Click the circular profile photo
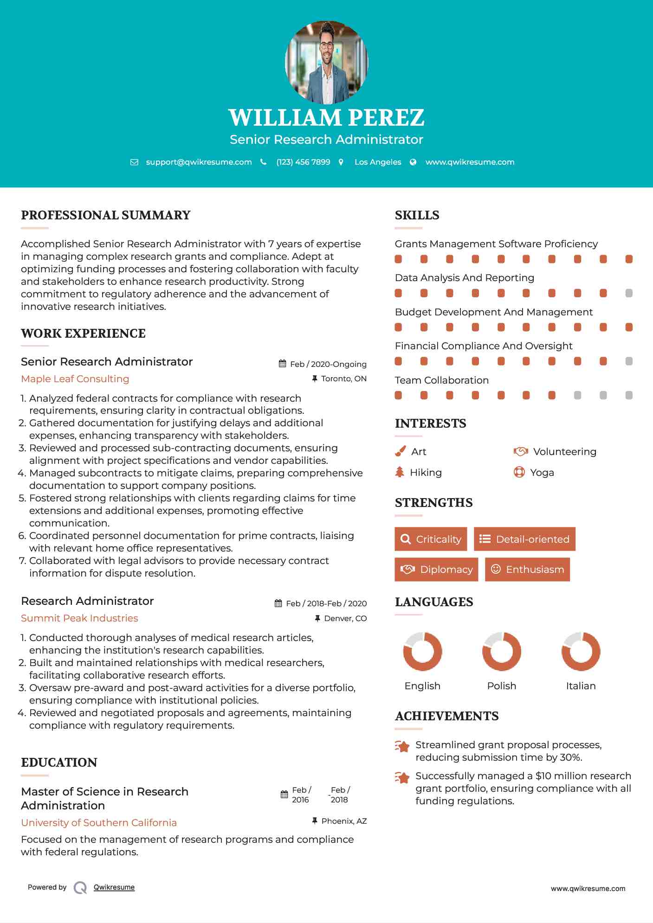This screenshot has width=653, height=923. point(326,62)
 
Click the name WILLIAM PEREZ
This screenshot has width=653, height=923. point(326,117)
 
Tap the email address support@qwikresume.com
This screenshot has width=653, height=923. point(199,162)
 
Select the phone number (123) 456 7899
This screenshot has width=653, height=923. point(303,162)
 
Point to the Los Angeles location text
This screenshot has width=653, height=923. point(378,162)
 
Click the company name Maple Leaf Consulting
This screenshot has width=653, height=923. point(75,379)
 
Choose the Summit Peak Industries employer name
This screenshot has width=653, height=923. point(79,618)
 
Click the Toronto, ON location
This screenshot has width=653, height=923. point(343,379)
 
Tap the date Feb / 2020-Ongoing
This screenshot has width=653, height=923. point(328,364)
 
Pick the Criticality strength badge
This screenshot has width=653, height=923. point(431,539)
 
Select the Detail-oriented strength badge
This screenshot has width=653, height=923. point(524,539)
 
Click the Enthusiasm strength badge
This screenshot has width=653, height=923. point(527,569)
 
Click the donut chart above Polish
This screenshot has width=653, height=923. point(502,651)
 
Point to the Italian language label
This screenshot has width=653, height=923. point(581,686)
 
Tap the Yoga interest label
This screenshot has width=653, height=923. point(542,473)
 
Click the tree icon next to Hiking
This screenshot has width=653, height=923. point(400,472)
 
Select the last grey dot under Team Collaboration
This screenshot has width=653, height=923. point(629,395)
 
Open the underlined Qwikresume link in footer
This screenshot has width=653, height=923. point(114,887)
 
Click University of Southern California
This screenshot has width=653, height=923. point(99,823)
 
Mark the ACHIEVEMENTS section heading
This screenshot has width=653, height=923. point(446,716)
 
